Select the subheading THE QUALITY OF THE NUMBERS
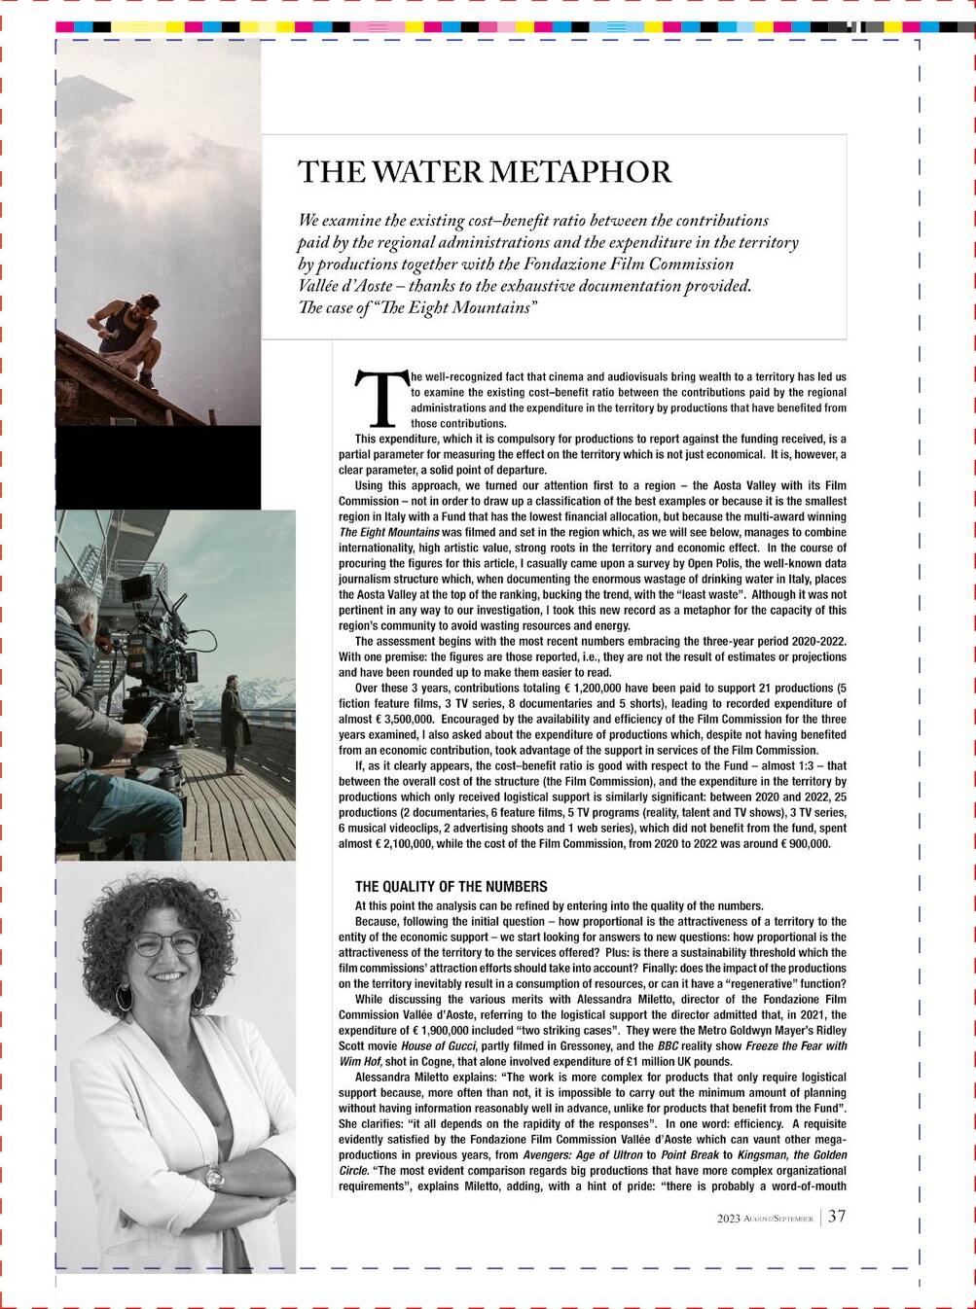pyautogui.click(x=451, y=887)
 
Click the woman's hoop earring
pyautogui.click(x=124, y=996)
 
